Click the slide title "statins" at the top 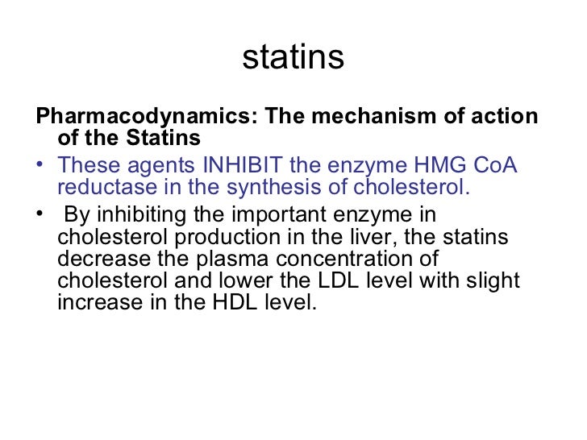click(293, 57)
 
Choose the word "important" click(278, 216)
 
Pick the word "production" click(232, 239)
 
